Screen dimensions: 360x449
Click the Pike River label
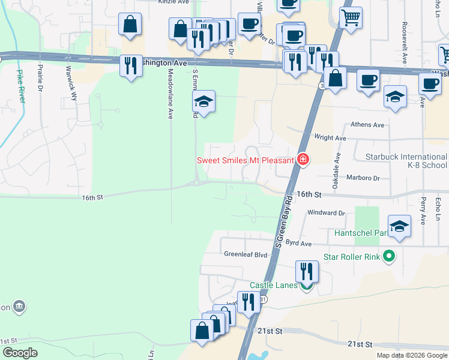(20, 84)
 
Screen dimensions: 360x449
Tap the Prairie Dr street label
(40, 78)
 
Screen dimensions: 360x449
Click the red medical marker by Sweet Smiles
(303, 160)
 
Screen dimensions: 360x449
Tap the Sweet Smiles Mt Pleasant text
(246, 160)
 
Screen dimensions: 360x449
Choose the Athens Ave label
(367, 125)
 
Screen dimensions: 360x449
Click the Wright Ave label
(330, 138)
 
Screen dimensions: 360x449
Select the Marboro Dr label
(364, 178)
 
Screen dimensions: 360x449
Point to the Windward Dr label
(326, 212)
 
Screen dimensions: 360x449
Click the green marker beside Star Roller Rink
(388, 257)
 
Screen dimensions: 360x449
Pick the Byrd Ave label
(298, 244)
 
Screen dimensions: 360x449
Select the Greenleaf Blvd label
(246, 254)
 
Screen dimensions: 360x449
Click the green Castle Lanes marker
(307, 286)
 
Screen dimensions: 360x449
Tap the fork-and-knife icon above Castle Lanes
(307, 271)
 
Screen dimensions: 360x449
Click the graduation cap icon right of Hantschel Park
(399, 226)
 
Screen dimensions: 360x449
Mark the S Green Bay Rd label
(282, 222)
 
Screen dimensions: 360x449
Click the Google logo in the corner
(20, 352)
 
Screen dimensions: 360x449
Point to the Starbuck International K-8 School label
(406, 161)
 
